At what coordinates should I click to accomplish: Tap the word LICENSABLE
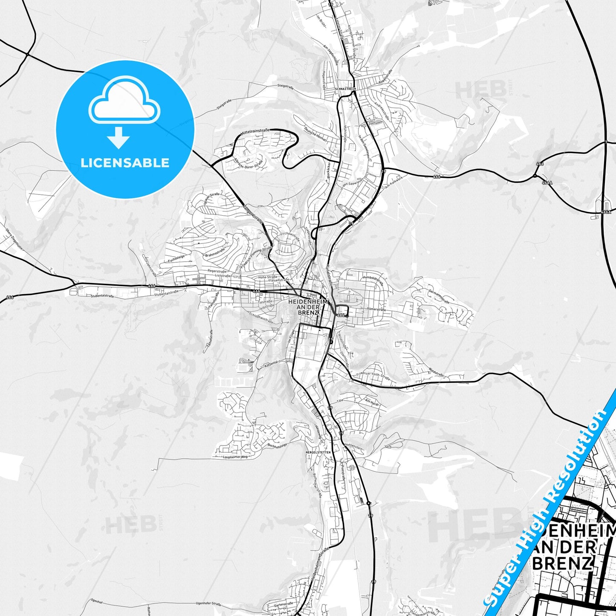[x=125, y=163]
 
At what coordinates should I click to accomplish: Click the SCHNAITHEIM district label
[x=345, y=89]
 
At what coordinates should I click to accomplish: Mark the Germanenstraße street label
[x=439, y=295]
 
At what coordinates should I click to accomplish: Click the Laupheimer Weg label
[x=235, y=457]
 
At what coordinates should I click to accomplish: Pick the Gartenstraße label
[x=283, y=604]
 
